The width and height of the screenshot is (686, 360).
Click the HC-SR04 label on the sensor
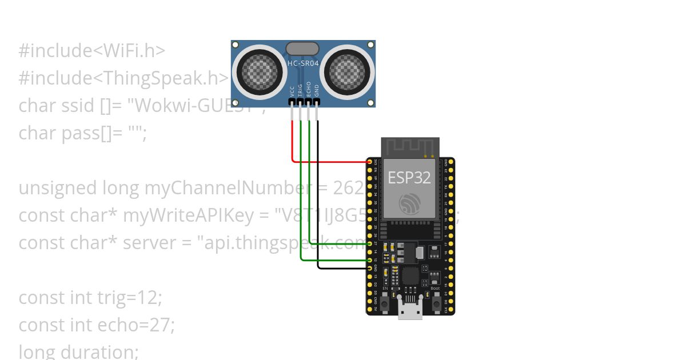[303, 63]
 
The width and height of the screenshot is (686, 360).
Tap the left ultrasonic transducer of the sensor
[261, 71]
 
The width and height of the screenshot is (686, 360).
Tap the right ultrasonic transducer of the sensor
[346, 71]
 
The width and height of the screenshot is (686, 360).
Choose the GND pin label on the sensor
[317, 90]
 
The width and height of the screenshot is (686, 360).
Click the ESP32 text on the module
[409, 177]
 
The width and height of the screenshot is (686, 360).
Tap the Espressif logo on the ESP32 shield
[410, 203]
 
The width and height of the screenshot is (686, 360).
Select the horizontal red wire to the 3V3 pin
[332, 162]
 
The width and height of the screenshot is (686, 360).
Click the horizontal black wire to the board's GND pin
[343, 268]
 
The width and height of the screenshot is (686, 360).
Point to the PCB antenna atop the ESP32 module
[410, 147]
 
